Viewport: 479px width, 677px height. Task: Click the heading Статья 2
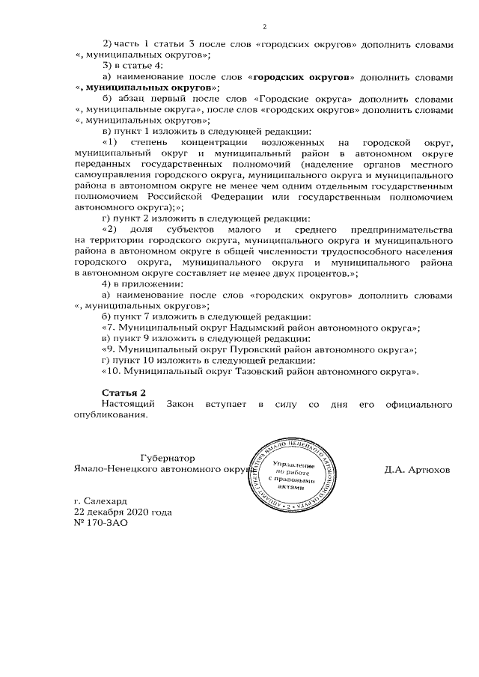(x=123, y=392)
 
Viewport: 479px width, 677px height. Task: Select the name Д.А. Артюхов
(x=417, y=470)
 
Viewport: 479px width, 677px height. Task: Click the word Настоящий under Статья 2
(x=129, y=404)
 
